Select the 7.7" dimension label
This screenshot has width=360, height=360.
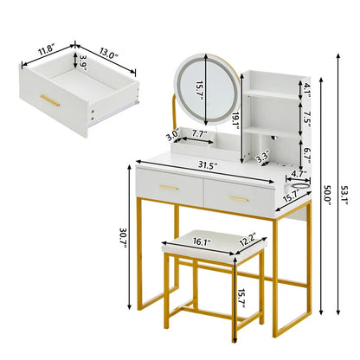pos(199,135)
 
